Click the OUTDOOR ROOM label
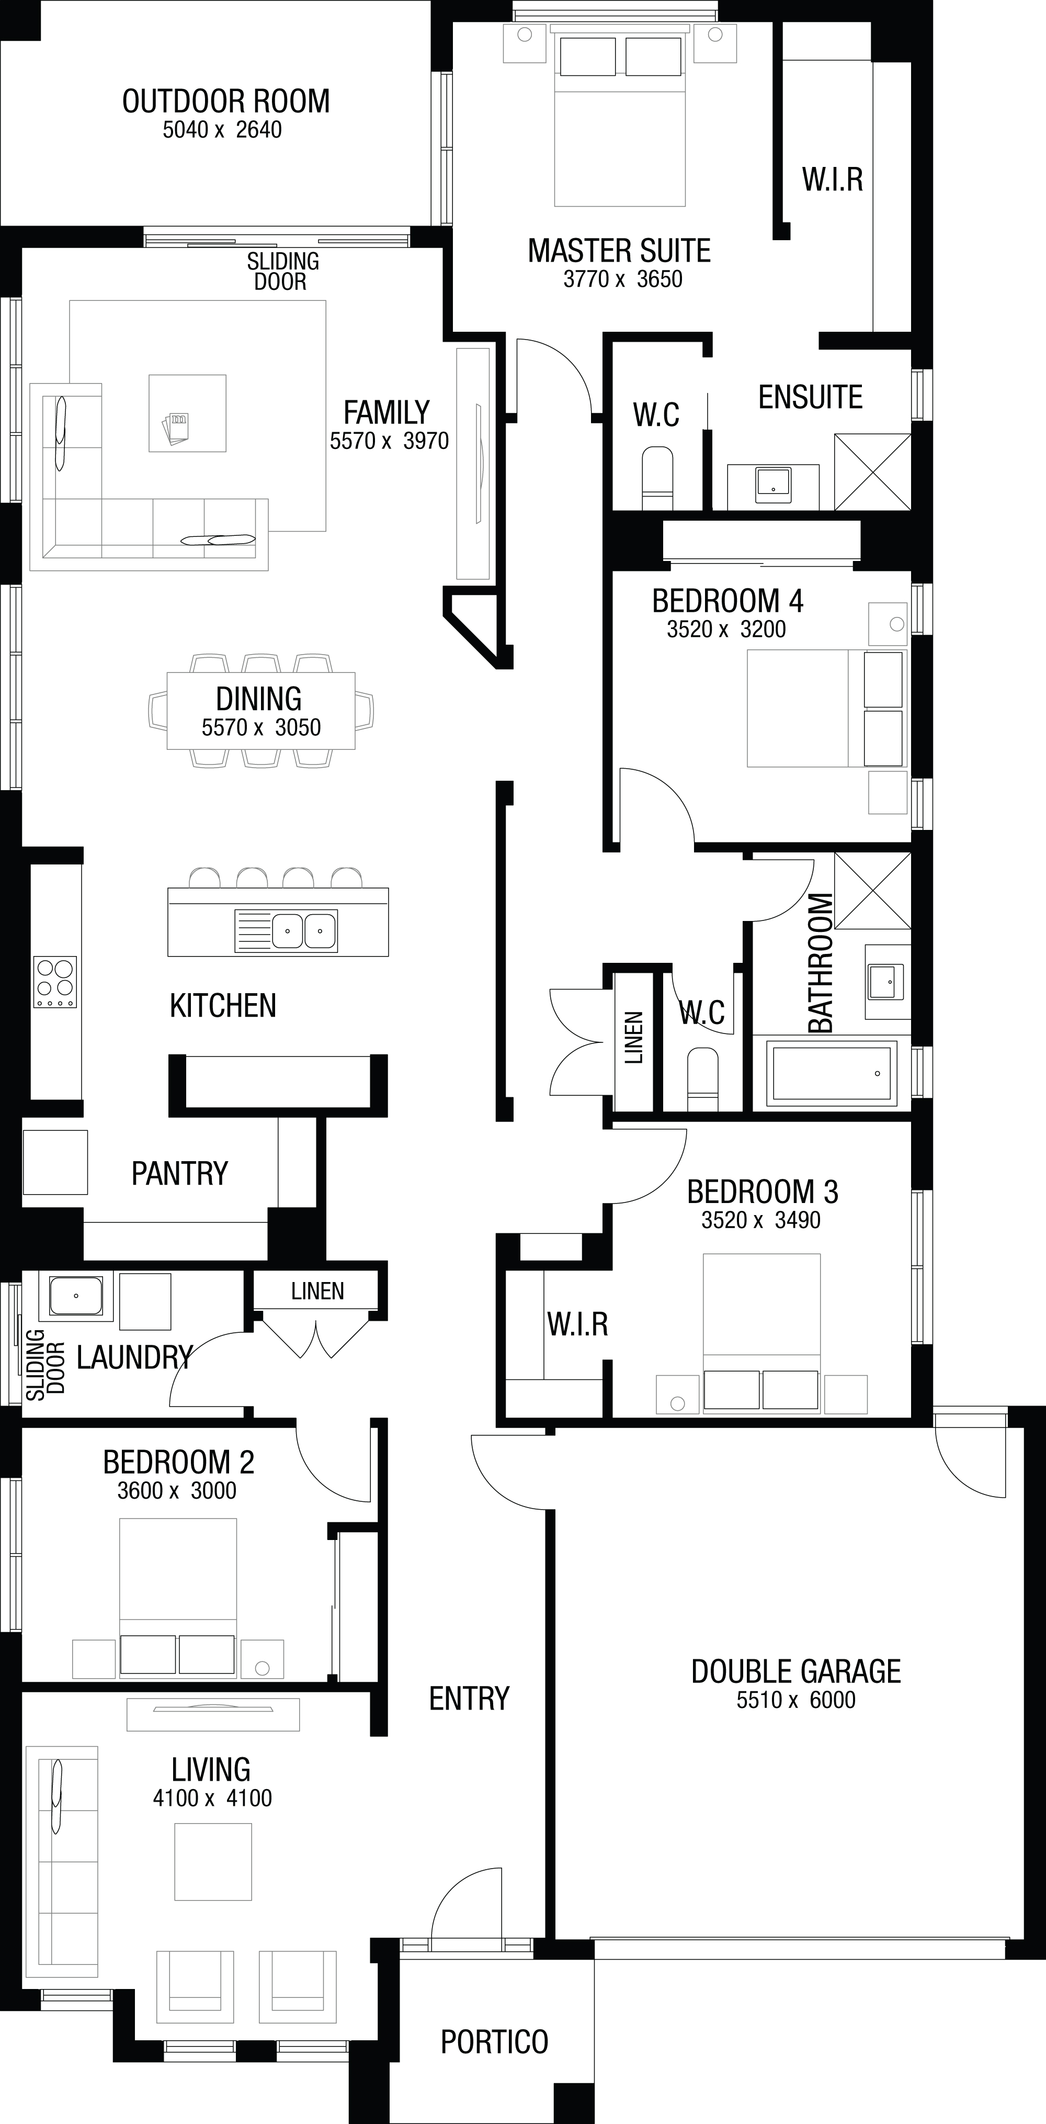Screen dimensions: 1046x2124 tap(226, 102)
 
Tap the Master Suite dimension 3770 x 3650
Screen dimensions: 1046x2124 tap(623, 279)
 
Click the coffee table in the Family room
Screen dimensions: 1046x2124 tap(187, 413)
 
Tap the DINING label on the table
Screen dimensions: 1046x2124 tap(259, 699)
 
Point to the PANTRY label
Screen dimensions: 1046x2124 tap(180, 1173)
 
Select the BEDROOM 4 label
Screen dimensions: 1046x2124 tap(728, 601)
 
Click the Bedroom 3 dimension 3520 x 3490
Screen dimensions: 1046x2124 tap(761, 1220)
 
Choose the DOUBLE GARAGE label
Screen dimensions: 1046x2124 tap(796, 1671)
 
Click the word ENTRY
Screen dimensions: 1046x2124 tap(469, 1699)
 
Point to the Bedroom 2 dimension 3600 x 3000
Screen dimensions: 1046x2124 tap(177, 1491)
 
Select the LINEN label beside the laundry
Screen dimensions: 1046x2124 tap(317, 1292)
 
